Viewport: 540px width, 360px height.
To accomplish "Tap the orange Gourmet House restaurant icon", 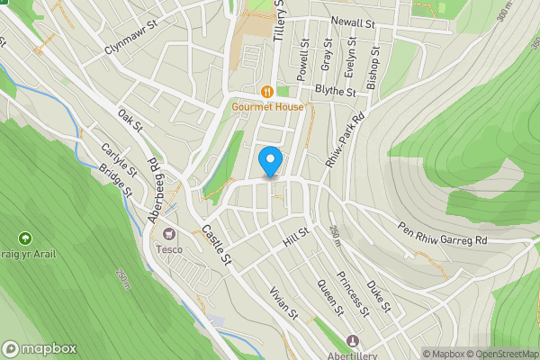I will point(267,92).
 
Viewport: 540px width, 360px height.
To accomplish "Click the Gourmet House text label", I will point(267,107).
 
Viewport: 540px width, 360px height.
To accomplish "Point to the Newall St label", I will point(352,22).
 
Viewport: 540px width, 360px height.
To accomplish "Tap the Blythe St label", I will point(336,91).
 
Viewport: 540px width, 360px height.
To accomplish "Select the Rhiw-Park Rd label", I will point(346,136).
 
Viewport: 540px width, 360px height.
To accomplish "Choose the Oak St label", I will point(130,119).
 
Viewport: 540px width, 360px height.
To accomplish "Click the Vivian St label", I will point(283,303).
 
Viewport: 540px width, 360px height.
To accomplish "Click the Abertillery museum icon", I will point(352,341).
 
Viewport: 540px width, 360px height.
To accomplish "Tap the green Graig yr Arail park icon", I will point(24,238).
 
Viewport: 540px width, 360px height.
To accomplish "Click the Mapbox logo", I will point(40,349).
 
